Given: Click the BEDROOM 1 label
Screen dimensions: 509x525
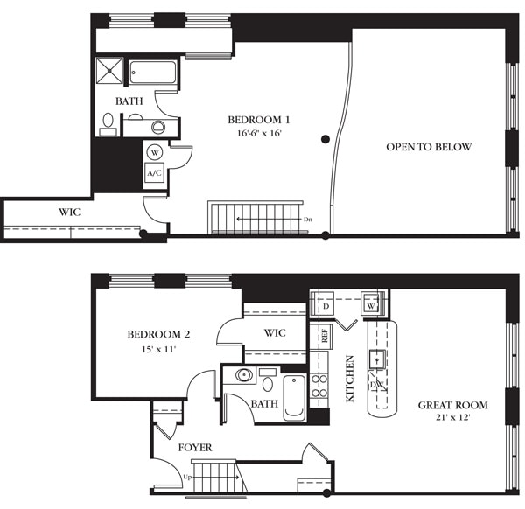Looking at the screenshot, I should coord(255,119).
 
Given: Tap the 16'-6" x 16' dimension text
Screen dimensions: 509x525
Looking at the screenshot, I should coord(255,134).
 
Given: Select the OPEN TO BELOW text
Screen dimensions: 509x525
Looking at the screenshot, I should coord(429,147).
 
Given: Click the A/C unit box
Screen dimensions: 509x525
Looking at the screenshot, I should coord(155,172).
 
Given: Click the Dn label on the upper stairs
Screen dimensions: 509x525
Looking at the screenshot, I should coord(307,219).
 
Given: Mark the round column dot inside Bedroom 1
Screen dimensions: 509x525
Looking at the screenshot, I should coord(325,138).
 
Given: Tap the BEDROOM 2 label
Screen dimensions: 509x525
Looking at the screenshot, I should coord(158,335).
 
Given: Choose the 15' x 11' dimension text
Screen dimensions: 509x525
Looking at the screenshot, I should coord(158,350).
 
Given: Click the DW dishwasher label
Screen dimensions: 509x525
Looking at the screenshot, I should coord(377,385).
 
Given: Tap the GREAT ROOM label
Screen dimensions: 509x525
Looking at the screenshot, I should coord(452,405).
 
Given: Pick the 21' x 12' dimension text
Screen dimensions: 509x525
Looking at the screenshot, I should coord(452,420).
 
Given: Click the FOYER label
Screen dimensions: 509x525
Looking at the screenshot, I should coord(194,448).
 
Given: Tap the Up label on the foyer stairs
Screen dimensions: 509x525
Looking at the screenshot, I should coord(186,478).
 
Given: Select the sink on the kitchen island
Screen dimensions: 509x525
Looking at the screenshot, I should coord(377,357).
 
